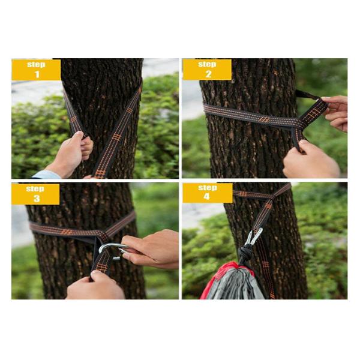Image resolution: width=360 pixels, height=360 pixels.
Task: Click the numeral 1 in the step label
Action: click(37, 74)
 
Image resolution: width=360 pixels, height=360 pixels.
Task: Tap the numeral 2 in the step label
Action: click(208, 74)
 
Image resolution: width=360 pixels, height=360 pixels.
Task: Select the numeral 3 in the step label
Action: click(37, 199)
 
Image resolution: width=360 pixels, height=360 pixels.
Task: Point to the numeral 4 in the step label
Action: click(206, 197)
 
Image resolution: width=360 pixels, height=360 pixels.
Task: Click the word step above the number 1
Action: click(36, 64)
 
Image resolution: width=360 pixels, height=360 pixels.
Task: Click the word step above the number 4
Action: click(208, 188)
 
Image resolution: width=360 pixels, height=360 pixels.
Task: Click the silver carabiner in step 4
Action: click(254, 236)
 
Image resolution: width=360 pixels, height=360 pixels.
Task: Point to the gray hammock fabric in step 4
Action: click(234, 284)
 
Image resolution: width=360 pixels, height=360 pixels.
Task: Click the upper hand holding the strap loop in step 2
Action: click(335, 113)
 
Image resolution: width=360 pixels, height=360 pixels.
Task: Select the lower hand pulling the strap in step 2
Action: click(310, 161)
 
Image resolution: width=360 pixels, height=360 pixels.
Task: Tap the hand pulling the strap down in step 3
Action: click(97, 286)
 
